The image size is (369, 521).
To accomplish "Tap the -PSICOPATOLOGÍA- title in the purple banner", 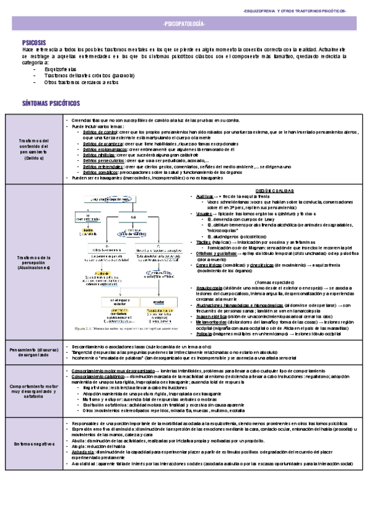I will pyautogui.click(x=184, y=23).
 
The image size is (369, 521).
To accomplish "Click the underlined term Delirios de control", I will pyautogui.click(x=100, y=131).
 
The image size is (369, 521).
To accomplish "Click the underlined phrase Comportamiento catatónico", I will pyautogui.click(x=98, y=378).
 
